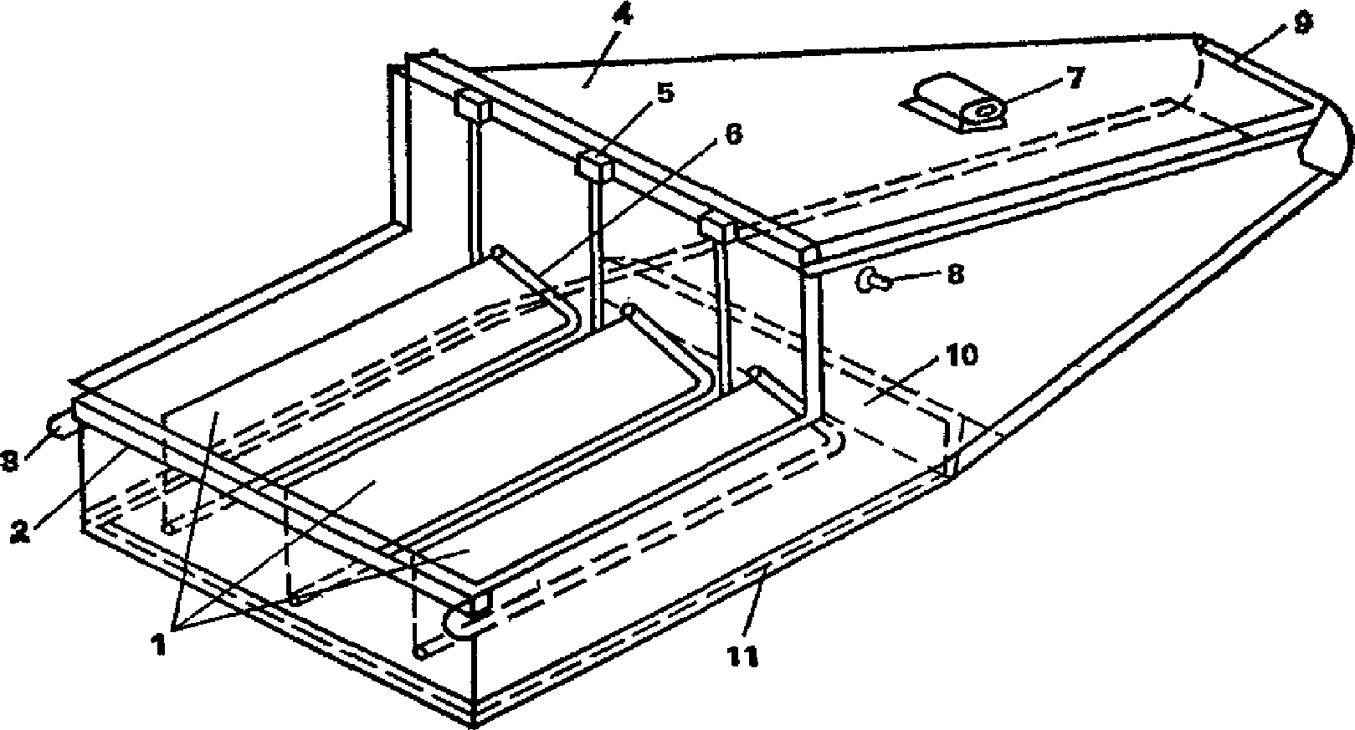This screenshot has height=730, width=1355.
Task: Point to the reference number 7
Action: [1075, 78]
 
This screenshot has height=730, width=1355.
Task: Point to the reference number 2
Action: [21, 532]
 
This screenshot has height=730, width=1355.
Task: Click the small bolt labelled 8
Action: [872, 279]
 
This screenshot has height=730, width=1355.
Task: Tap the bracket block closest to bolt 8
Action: [718, 226]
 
